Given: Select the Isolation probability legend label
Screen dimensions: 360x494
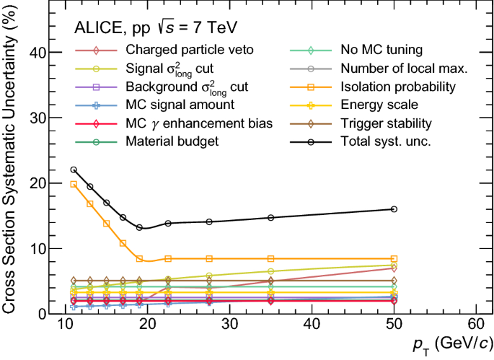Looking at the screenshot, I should (396, 87).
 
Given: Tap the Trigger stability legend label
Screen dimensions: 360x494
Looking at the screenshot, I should (386, 123).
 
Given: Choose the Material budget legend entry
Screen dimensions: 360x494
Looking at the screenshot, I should (172, 141).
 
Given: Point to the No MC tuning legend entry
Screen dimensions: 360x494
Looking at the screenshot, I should (381, 51).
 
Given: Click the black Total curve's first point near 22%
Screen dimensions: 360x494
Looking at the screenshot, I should (74, 170).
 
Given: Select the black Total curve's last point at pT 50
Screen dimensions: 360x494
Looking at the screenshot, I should (394, 209).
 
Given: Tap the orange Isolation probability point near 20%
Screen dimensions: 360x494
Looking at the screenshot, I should (74, 184).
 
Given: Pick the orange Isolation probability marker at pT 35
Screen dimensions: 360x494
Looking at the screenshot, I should (271, 258).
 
